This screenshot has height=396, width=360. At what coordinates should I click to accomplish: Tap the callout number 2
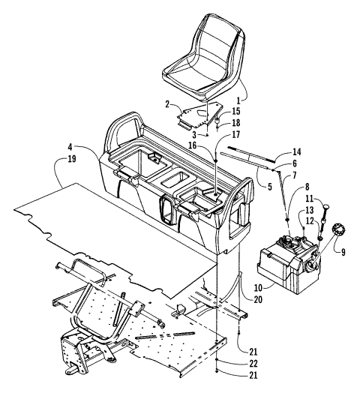[x=169, y=106]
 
